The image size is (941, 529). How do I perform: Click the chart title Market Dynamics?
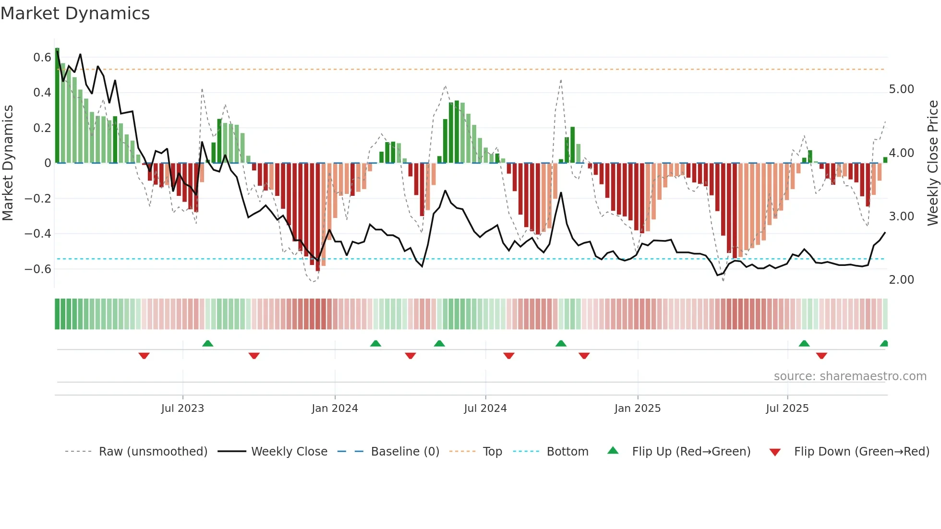(75, 13)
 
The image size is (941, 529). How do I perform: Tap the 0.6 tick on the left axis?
(42, 58)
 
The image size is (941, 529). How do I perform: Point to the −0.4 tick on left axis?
(38, 234)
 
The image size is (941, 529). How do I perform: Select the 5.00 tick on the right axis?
(901, 89)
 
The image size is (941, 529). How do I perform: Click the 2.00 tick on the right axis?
(901, 280)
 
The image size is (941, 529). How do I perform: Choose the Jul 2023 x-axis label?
(182, 409)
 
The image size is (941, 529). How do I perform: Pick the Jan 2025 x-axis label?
(637, 409)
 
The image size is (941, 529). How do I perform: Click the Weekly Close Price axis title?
(932, 163)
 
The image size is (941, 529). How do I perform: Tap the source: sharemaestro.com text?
(850, 376)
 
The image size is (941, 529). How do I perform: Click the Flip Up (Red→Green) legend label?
(691, 452)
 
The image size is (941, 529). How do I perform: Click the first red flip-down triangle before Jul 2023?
(144, 356)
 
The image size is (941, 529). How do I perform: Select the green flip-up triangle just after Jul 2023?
(207, 344)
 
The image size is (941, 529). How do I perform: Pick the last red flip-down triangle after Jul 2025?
(821, 356)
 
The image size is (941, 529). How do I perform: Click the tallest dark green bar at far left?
(57, 106)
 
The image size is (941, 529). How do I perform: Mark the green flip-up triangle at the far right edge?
(884, 344)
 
